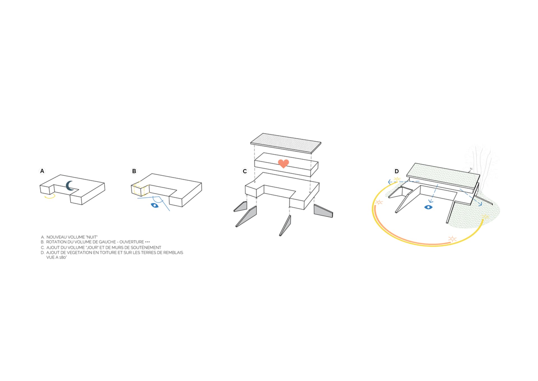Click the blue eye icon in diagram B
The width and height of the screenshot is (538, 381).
pos(154,205)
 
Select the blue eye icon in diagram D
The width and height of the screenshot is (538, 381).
pos(428,207)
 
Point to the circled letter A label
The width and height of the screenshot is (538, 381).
pos(42,171)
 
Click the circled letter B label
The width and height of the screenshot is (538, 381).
pos(134,171)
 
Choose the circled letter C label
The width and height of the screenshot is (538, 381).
pos(245,171)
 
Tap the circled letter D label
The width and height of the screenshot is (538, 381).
pos(396,171)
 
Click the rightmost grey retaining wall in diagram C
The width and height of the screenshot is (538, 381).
pos(323,211)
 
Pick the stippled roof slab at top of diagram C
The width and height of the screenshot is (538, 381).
pos(286,143)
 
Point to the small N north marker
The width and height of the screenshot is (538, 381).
pos(471,169)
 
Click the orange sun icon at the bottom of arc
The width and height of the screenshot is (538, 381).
pos(452,239)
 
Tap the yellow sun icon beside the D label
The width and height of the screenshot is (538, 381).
pos(397,179)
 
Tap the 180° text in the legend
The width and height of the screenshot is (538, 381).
pos(63,258)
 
